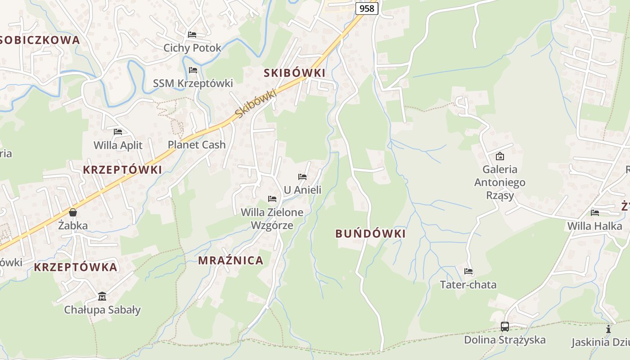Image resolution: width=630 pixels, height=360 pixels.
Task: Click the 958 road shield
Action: click(367, 8)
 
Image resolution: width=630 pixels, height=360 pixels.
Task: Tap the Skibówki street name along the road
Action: click(255, 104)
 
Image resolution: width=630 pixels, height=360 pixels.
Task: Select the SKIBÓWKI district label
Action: click(294, 73)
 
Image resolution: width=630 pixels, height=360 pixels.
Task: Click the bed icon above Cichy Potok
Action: click(192, 35)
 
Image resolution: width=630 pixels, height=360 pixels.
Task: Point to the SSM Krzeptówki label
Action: click(193, 83)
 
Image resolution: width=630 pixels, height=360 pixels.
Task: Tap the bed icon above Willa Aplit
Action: click(118, 132)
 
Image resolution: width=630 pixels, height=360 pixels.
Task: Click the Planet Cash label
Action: click(197, 145)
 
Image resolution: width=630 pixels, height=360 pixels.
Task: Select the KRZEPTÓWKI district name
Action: click(122, 170)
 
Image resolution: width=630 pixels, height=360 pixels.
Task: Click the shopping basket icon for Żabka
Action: click(73, 212)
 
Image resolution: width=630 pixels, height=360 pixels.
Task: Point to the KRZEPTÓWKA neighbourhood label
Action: click(76, 267)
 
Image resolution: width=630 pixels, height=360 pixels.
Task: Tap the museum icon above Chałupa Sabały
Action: click(102, 297)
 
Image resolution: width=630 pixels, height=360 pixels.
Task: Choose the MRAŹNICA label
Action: click(231, 260)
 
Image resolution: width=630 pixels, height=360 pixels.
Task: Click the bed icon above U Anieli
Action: click(302, 177)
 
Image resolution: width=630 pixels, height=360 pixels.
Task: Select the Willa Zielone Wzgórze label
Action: click(272, 219)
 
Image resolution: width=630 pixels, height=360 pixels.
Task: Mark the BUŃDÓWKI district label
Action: click(370, 234)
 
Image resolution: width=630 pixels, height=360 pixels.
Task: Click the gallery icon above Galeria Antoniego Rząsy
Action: click(499, 156)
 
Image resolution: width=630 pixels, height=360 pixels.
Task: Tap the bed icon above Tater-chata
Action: click(468, 271)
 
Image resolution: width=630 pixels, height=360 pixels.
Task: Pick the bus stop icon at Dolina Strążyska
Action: click(505, 326)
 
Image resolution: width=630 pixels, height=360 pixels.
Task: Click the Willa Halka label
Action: click(594, 226)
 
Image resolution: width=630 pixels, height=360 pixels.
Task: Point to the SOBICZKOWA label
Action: click(40, 40)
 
